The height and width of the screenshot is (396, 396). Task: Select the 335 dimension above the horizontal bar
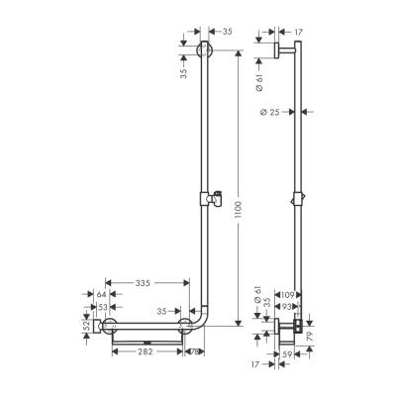[x=144, y=283]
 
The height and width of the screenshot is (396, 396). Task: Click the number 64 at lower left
[x=101, y=295]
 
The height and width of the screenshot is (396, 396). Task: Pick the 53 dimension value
[x=101, y=308]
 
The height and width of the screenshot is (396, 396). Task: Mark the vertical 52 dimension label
[x=87, y=325]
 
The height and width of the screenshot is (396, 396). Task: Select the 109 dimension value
[x=288, y=295]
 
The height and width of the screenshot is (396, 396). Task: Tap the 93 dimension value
[x=288, y=308]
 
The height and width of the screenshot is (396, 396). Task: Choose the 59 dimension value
[x=287, y=350]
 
